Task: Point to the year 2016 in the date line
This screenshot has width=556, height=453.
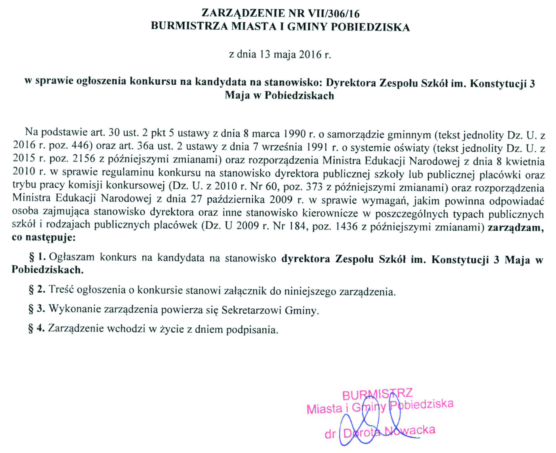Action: [310, 54]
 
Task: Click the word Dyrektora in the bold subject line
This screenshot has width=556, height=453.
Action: [351, 83]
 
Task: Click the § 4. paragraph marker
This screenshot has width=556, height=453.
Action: [36, 328]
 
